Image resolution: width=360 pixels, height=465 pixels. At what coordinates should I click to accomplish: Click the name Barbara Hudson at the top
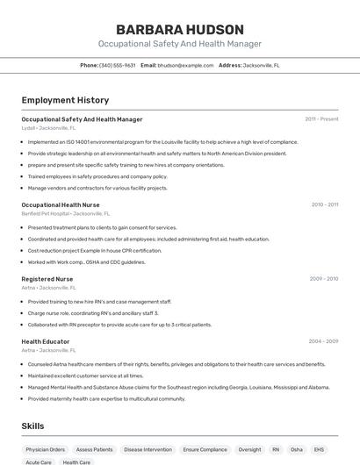179,29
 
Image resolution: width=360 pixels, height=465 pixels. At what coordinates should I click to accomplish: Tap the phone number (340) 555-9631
117,65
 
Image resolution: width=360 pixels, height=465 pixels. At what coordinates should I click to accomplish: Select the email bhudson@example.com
185,65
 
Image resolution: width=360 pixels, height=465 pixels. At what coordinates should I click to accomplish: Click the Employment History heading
65,100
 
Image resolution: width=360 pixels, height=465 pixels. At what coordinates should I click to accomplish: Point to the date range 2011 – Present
321,118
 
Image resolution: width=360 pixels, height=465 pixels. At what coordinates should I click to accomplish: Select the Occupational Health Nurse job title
61,204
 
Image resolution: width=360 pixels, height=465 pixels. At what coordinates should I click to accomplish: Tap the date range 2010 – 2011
324,204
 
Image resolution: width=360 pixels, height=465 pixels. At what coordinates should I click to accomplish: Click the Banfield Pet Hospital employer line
66,213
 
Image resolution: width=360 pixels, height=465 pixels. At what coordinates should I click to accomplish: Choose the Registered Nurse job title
47,279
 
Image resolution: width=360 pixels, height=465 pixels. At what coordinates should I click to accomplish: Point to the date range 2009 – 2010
323,279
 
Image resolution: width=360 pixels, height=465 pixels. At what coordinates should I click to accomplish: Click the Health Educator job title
46,341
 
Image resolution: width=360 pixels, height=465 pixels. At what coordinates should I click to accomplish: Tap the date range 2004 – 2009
323,341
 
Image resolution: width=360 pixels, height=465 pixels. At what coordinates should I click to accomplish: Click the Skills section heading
33,426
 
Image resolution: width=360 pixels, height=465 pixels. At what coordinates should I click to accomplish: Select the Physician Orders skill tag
46,449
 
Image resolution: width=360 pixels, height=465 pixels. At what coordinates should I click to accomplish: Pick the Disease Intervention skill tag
148,449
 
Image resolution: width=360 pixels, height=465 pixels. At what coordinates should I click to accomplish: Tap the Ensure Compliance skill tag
205,449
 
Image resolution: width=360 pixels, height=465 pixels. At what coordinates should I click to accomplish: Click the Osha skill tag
297,449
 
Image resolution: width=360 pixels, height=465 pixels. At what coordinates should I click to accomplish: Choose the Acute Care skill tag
39,462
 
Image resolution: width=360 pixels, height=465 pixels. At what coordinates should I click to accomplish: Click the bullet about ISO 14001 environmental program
162,141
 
